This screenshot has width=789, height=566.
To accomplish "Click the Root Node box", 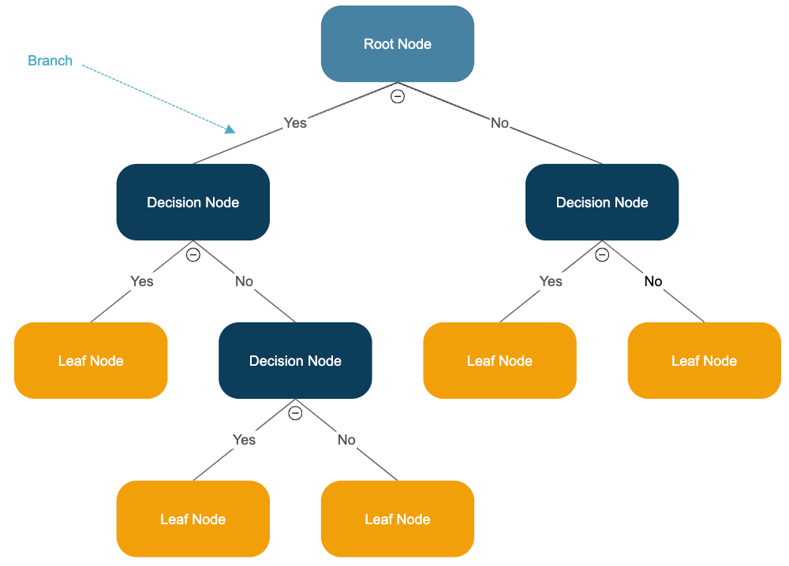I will click(397, 44).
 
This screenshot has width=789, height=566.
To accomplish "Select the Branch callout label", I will click(50, 61).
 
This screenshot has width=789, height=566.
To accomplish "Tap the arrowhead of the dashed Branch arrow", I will click(231, 129).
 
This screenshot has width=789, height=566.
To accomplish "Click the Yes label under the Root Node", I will click(295, 123).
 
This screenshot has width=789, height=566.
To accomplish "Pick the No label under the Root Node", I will click(499, 123).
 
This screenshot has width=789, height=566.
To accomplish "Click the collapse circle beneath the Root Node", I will click(398, 96).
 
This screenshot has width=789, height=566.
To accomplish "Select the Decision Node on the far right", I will click(602, 203).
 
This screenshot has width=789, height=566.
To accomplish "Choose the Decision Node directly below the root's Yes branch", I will click(193, 203).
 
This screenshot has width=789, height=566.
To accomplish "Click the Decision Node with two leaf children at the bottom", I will click(295, 361).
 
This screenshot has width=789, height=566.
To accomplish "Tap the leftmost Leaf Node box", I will click(91, 361).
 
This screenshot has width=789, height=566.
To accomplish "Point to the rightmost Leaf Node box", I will click(704, 361).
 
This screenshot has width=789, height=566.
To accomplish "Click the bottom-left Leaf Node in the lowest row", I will click(193, 519).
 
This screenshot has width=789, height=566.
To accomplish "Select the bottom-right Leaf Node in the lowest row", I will click(397, 519).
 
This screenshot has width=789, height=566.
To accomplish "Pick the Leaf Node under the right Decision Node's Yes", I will click(499, 361).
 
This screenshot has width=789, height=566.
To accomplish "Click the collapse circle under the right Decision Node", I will click(602, 255).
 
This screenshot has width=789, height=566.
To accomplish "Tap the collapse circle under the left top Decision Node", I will click(193, 255).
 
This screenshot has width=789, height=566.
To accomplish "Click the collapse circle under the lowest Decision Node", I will click(295, 413).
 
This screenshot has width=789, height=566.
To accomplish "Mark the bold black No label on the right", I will click(653, 281).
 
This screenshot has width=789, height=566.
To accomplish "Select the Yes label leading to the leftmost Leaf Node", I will click(142, 281).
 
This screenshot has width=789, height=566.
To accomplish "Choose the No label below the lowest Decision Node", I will click(346, 440).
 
